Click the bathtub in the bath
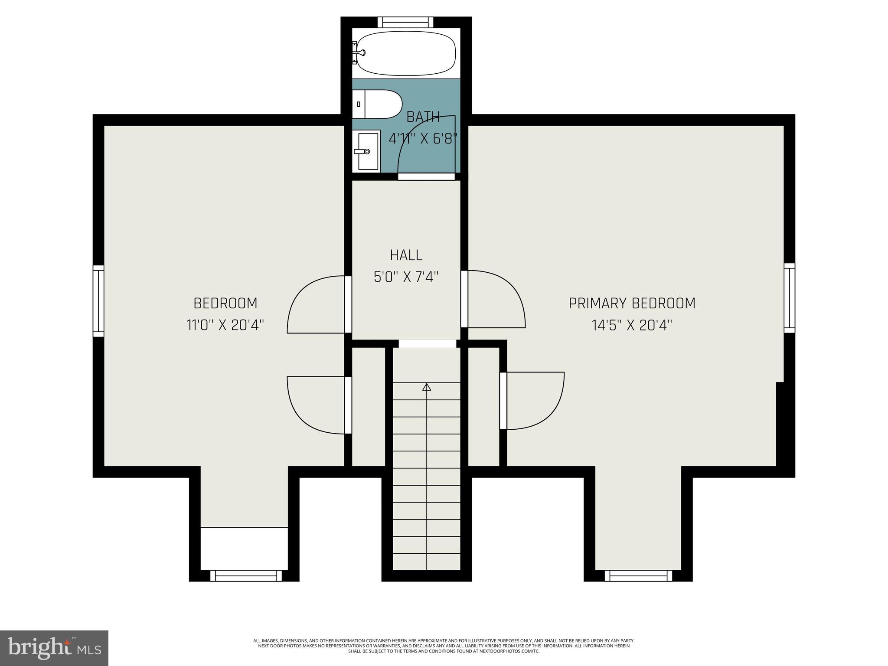tap(406, 54)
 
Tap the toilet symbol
tap(377, 104)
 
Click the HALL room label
tap(406, 255)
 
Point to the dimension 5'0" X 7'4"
tap(406, 277)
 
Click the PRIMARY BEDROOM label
tap(632, 303)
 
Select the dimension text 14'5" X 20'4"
tap(632, 325)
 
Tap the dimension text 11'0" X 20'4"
tap(225, 325)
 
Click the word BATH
tap(423, 117)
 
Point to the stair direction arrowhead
tap(427, 387)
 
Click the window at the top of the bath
tap(405, 22)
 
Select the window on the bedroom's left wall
tap(98, 301)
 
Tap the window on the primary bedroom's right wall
tap(790, 298)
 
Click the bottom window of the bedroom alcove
tap(246, 576)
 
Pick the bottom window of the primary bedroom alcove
tap(638, 576)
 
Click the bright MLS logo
tap(54, 648)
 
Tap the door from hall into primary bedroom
tap(494, 299)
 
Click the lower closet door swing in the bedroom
tap(317, 405)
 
